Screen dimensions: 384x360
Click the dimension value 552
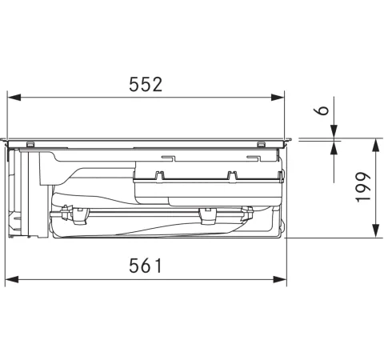coord(146,85)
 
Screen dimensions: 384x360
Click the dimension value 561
coord(146,266)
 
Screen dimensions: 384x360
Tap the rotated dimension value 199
coord(363,187)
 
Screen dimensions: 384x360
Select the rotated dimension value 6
coord(324,110)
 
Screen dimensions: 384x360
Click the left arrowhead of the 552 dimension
coord(14,98)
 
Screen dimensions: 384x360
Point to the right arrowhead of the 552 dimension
coord(278,98)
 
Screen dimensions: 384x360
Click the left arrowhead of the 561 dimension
coord(12,279)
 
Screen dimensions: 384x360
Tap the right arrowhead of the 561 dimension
coord(280,279)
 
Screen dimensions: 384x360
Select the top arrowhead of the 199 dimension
coord(375,145)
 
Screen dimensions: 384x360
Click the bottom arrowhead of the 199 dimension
coord(375,231)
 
